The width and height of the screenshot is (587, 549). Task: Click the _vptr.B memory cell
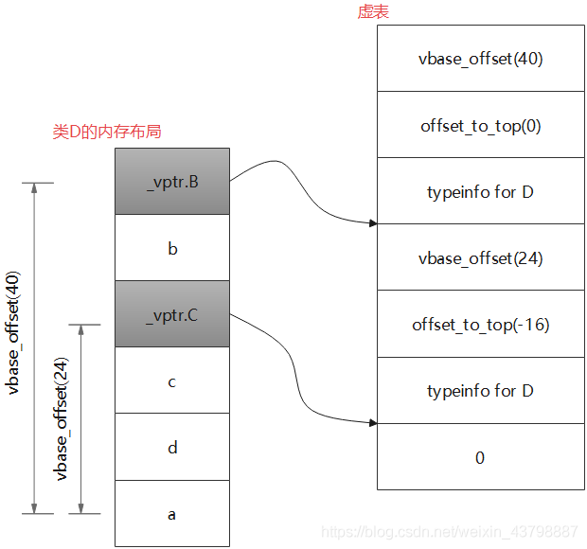tap(172, 182)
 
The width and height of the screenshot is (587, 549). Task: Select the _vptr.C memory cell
tap(172, 314)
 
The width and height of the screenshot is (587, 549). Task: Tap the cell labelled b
tap(172, 248)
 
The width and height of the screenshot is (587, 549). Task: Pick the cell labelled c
tap(172, 381)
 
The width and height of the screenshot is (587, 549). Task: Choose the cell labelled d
tap(172, 447)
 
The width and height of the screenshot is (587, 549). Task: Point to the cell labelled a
tap(172, 514)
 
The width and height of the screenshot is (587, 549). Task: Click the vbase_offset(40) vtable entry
tap(480, 59)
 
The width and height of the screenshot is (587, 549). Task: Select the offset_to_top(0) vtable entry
tap(480, 125)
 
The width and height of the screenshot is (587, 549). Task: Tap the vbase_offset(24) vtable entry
tap(480, 257)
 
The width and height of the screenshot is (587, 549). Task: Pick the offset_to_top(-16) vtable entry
tap(480, 324)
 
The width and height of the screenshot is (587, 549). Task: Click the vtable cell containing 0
tap(480, 457)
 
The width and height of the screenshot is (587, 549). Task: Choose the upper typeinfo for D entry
tap(480, 191)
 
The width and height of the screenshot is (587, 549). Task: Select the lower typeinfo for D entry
tap(480, 390)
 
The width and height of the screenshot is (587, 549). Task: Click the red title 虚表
tap(373, 12)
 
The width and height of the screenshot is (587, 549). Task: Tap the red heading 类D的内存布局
tap(107, 132)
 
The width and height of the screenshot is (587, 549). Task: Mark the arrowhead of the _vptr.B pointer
tap(373, 223)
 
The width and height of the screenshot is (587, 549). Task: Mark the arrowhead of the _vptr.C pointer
tap(373, 422)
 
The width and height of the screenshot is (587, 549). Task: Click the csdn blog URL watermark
tap(449, 531)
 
